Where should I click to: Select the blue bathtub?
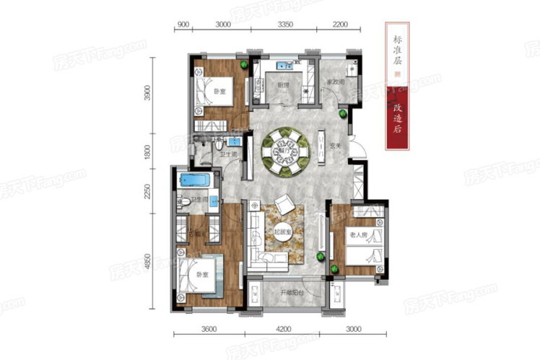[193, 179]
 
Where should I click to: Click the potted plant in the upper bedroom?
[245, 65]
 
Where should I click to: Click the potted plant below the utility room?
[342, 113]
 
